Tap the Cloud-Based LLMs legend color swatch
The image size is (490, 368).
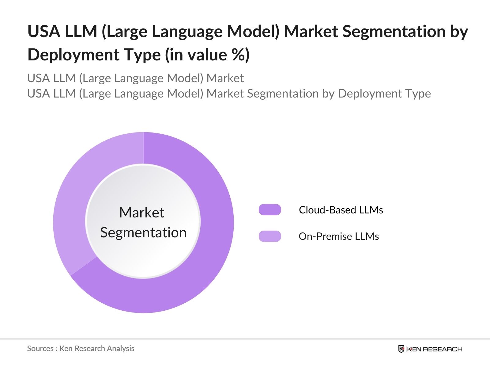pos(270,210)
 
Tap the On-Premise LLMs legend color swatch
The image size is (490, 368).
pos(270,236)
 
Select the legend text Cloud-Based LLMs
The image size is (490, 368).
pos(341,210)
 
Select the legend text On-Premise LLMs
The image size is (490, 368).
pos(339,236)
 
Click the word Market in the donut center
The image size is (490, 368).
pos(141,213)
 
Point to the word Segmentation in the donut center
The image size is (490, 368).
pos(143,232)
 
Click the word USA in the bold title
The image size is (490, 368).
pos(44,32)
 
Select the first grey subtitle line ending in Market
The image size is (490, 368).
pos(135,79)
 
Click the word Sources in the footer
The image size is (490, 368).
pos(40,348)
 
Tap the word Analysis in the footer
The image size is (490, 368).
pos(120,348)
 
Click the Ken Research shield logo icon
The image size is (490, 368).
pos(401,349)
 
